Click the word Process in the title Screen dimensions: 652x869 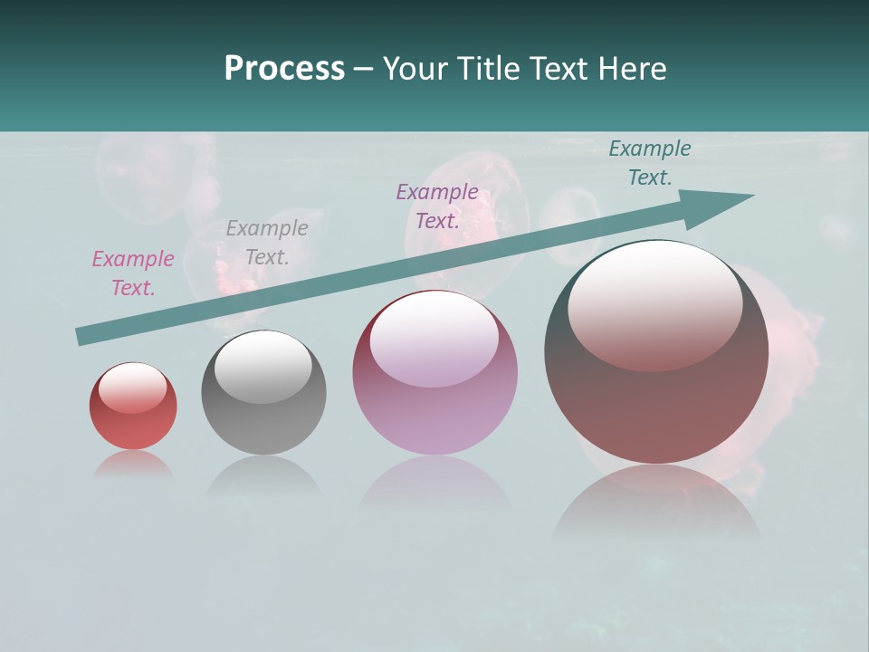click(x=284, y=69)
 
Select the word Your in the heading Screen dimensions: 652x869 click(x=416, y=69)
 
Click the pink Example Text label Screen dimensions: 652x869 click(x=132, y=273)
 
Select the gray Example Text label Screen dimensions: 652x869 click(x=266, y=243)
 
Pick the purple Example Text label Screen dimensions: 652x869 click(x=437, y=206)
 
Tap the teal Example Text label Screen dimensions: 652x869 click(x=650, y=163)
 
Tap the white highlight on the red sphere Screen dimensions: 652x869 click(x=132, y=387)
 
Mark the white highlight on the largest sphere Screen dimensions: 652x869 click(x=654, y=303)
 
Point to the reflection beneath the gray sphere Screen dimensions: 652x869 click(x=263, y=476)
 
